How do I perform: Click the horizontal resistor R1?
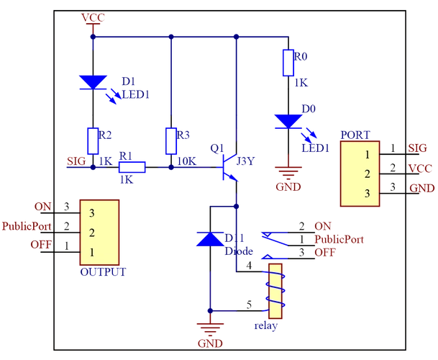coord(132,167)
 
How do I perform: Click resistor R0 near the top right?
coord(289,63)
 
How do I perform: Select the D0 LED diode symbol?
coord(287,120)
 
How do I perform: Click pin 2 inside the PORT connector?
coord(367,174)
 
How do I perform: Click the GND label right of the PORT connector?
coord(420,188)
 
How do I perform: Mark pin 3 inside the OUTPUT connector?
coord(92,213)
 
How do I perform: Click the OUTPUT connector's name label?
coord(104,272)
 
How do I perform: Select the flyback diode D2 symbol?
coord(208,238)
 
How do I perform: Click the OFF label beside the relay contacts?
coord(325,253)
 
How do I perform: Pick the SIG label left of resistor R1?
coord(74,160)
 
